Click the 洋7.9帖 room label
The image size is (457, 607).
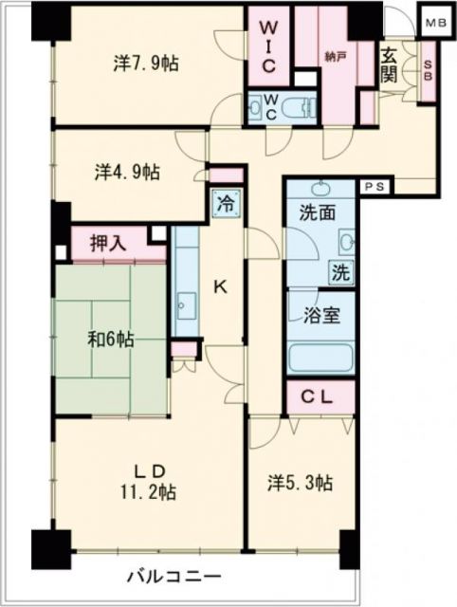tap(147, 64)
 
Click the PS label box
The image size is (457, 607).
tap(371, 187)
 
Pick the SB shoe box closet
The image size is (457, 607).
tap(427, 72)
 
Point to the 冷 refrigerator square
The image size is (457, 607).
tap(226, 203)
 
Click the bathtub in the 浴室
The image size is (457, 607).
tap(320, 359)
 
